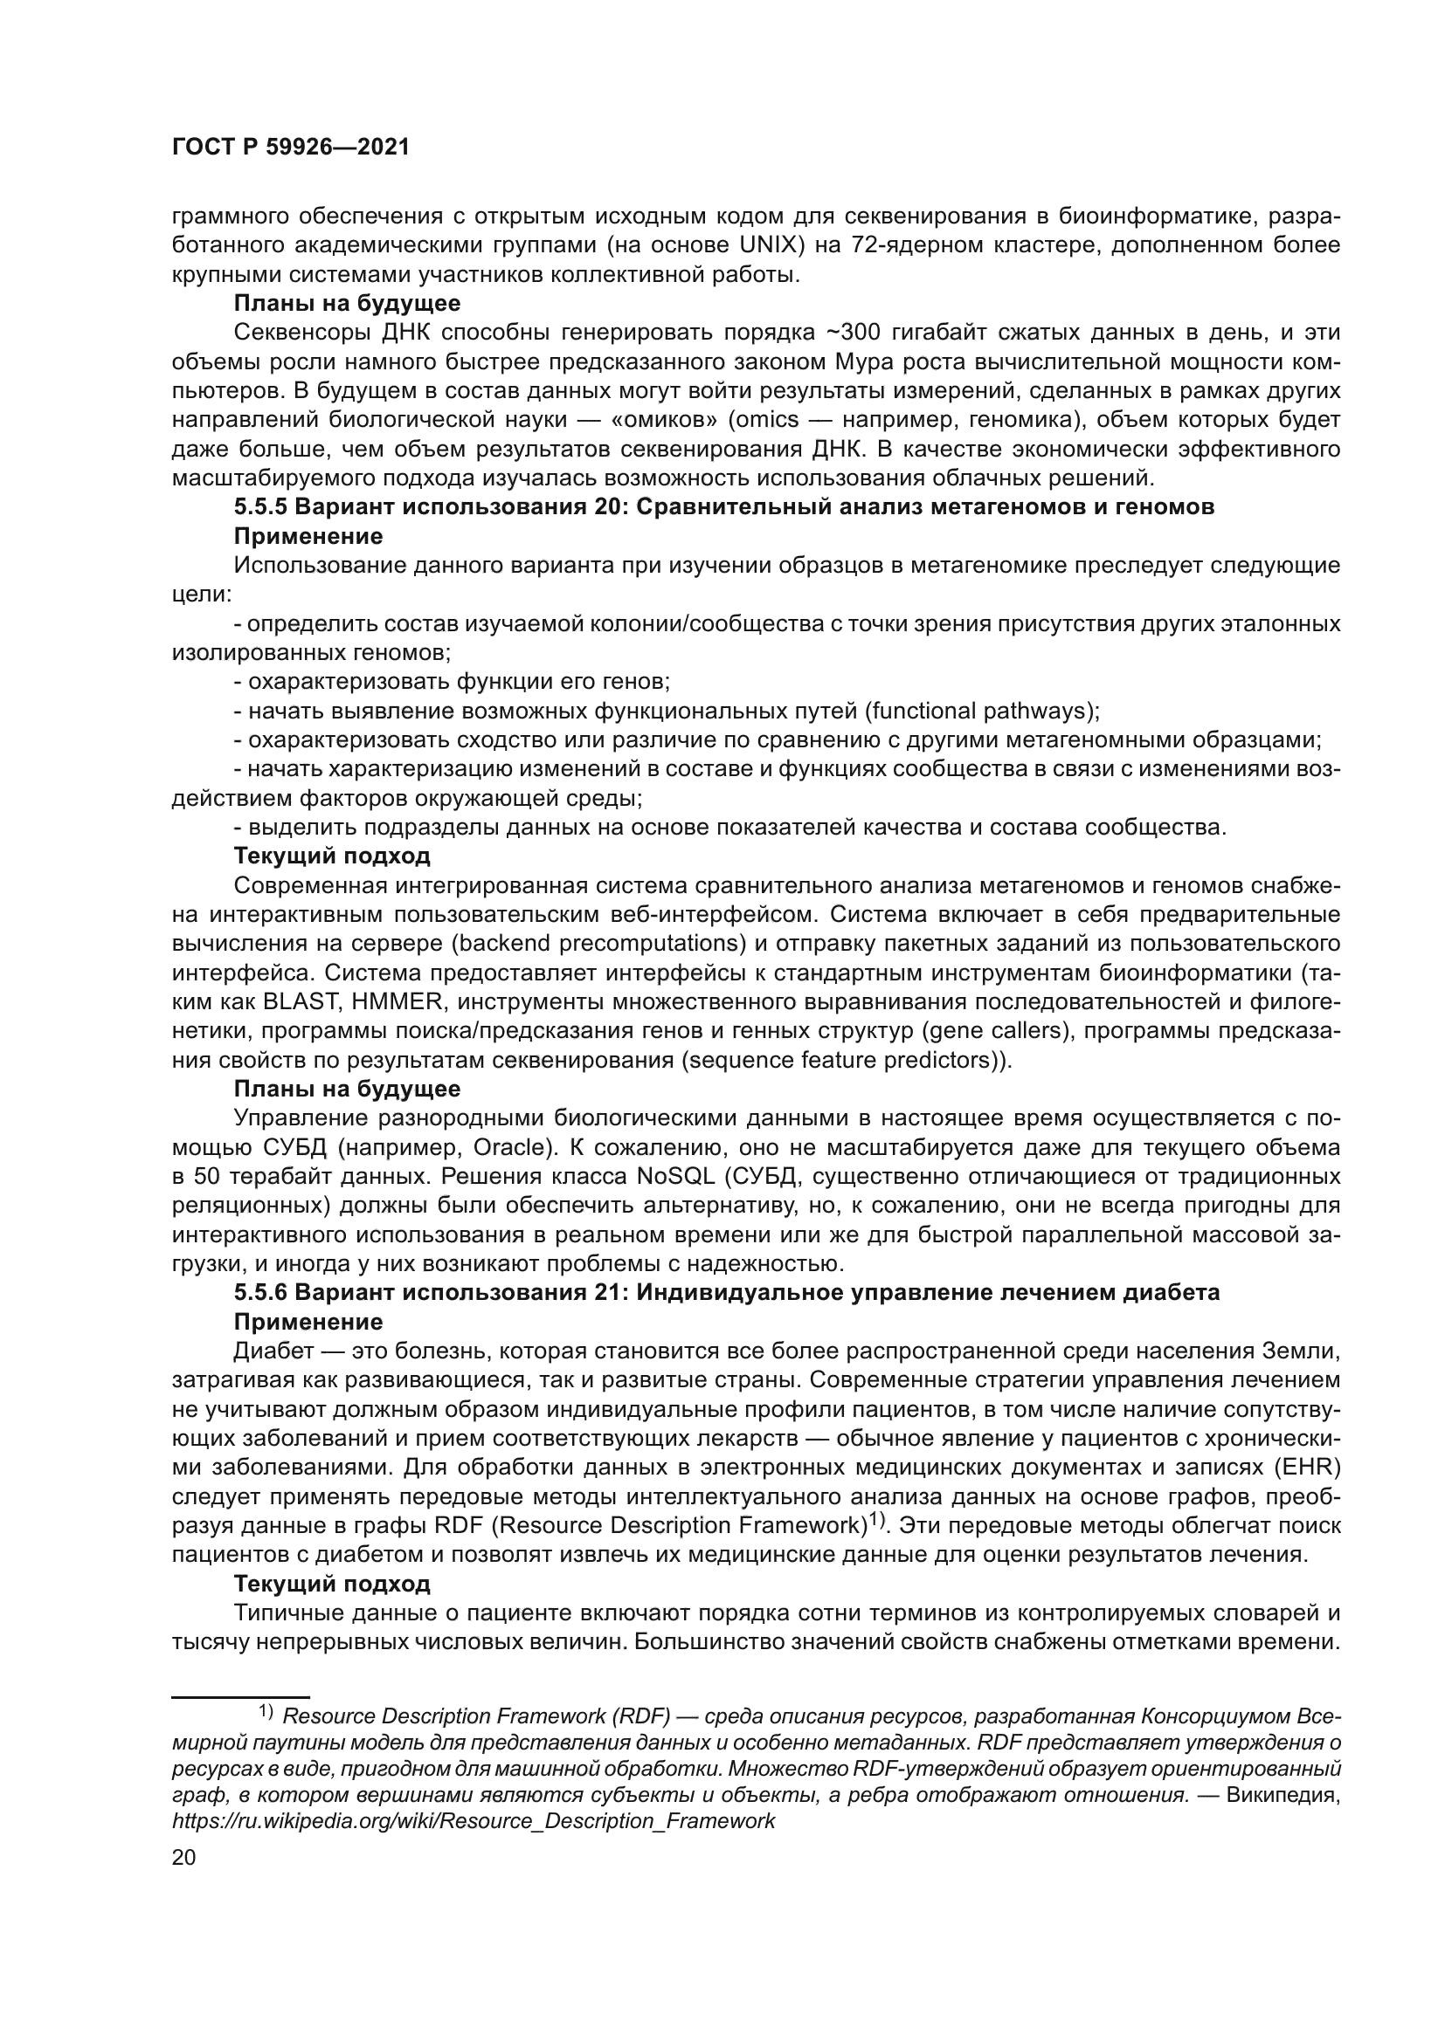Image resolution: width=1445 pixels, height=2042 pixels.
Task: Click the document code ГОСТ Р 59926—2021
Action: [290, 148]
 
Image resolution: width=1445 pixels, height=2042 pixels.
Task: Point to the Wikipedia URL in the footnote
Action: [473, 1820]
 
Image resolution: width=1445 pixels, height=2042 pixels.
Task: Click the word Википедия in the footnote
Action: [1282, 1795]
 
